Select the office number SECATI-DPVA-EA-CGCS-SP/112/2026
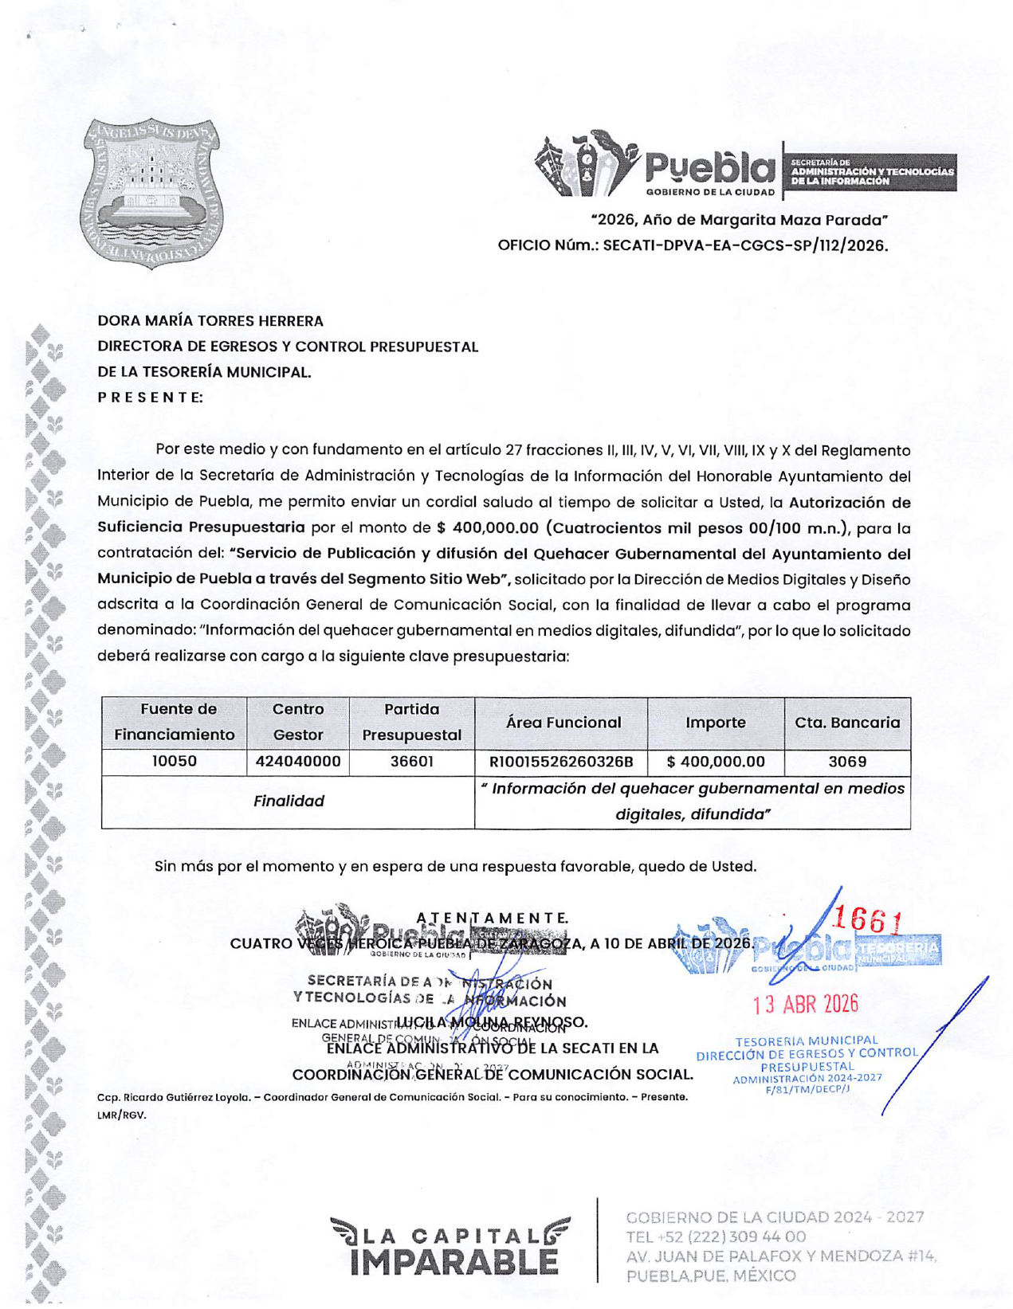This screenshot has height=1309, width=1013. click(x=744, y=245)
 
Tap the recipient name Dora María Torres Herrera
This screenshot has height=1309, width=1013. click(x=210, y=321)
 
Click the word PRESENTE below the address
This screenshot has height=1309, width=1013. click(x=150, y=397)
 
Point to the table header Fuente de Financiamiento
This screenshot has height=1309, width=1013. click(x=175, y=722)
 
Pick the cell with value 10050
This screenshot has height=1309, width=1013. click(x=175, y=762)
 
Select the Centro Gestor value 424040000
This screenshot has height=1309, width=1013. click(x=298, y=762)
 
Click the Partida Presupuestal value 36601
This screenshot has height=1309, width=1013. click(x=411, y=762)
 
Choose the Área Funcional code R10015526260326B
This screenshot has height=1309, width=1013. click(x=561, y=762)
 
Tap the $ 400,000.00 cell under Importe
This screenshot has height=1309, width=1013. click(x=716, y=762)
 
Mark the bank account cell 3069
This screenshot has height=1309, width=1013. click(x=847, y=762)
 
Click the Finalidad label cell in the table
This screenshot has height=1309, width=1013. click(x=289, y=801)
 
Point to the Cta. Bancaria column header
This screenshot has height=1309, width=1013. click(x=847, y=723)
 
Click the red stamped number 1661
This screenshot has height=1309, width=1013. click(x=867, y=922)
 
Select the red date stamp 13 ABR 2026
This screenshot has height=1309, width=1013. click(x=806, y=1005)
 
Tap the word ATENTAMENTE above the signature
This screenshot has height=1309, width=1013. click(x=492, y=918)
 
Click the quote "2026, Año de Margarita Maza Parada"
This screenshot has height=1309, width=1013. click(x=739, y=220)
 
